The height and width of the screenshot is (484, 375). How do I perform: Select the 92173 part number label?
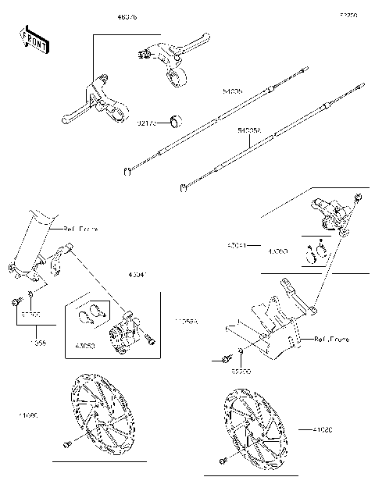click(x=148, y=123)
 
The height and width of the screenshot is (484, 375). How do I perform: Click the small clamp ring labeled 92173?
click(x=177, y=121)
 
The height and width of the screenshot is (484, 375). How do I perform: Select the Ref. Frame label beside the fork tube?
click(x=81, y=230)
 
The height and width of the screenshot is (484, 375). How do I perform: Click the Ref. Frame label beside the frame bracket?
click(x=331, y=340)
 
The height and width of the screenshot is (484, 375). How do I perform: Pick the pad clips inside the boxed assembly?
click(x=93, y=312)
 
